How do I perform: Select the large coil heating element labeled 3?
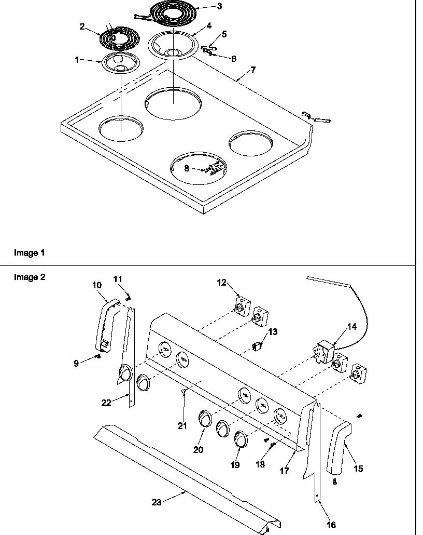(172, 13)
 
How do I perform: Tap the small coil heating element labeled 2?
(119, 39)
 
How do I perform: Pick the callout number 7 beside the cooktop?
(252, 70)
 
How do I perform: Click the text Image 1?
(29, 253)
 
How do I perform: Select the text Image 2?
(29, 277)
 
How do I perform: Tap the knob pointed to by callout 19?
(240, 439)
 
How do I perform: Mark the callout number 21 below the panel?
(182, 426)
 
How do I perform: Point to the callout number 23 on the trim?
(157, 502)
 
